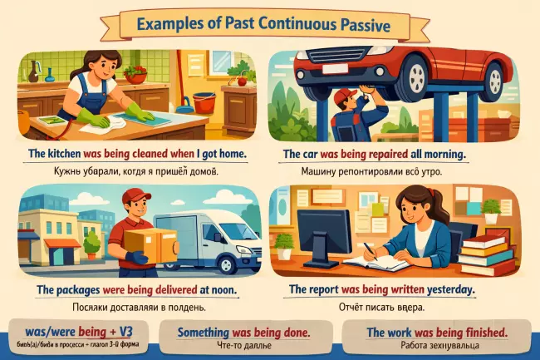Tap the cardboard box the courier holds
(x=145, y=242)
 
